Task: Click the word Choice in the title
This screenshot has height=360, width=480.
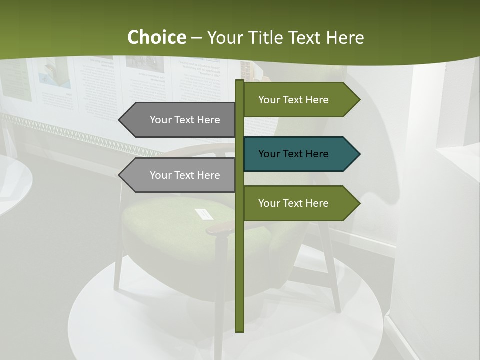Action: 156,37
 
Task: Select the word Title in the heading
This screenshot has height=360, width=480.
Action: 268,37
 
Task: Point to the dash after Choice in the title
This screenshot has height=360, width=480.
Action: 196,38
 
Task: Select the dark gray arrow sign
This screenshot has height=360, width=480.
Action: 180,120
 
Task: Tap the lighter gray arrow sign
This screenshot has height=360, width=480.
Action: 180,175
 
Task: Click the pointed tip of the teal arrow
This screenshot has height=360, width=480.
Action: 359,154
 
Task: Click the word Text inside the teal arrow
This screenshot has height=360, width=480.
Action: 293,154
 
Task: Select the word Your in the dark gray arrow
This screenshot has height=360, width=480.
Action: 161,120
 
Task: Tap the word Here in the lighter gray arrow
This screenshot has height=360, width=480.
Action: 208,175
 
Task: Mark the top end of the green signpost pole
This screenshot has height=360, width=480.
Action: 239,81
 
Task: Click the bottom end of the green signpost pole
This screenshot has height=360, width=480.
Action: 239,330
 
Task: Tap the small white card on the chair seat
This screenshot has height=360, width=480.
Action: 204,214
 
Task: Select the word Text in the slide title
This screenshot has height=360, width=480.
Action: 306,37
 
